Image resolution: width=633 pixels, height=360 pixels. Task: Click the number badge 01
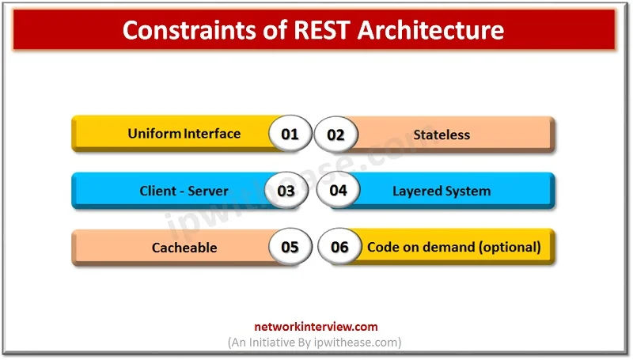(x=290, y=134)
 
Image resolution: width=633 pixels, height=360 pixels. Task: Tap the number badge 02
(x=335, y=135)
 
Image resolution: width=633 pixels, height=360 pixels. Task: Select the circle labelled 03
(x=286, y=191)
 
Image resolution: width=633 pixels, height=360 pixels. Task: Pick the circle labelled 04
(x=339, y=190)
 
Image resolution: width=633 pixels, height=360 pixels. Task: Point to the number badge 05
(x=290, y=247)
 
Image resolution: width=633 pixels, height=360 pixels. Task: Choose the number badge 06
(x=339, y=247)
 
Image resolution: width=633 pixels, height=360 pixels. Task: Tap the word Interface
(x=212, y=134)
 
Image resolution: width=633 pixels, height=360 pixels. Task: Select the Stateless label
(x=442, y=135)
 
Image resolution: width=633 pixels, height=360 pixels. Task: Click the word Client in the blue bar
(x=157, y=191)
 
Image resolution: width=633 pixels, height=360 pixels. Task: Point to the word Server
(x=208, y=191)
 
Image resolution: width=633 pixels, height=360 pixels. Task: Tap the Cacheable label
(x=184, y=248)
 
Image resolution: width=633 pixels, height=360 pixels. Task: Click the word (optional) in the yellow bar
(x=510, y=247)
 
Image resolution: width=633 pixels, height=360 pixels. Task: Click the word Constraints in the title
(x=189, y=30)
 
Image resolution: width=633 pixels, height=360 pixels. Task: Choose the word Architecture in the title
(x=430, y=30)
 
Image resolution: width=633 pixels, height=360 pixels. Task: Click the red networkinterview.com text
(x=316, y=327)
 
